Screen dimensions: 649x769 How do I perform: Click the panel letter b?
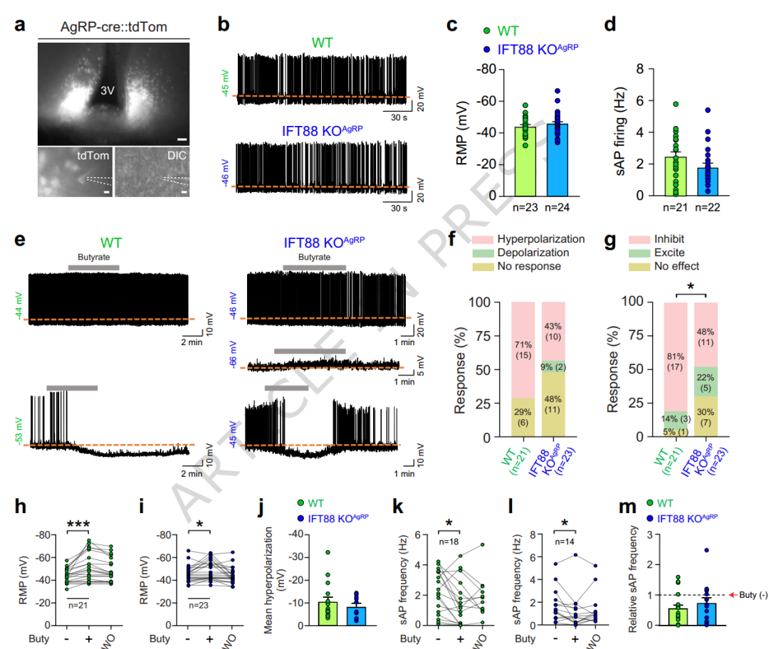click(x=224, y=26)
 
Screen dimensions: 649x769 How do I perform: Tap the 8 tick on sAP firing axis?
click(x=629, y=70)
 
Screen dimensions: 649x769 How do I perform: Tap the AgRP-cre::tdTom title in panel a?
click(x=113, y=26)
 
